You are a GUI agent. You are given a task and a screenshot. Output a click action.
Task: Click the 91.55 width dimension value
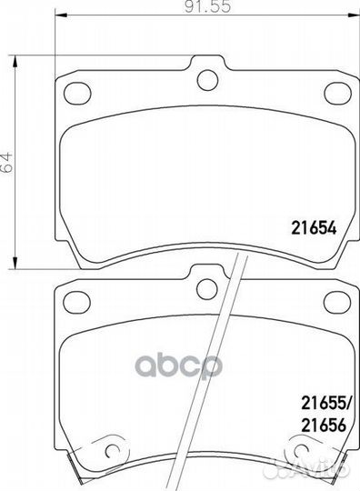(x=207, y=6)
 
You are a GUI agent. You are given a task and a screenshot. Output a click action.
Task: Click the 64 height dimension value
(x=6, y=162)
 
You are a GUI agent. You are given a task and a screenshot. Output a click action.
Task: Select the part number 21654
(x=314, y=227)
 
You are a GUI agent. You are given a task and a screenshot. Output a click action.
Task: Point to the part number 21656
(x=324, y=425)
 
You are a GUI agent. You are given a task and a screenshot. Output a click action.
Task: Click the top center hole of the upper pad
(x=207, y=80)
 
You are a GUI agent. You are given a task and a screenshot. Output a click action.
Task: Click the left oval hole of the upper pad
(x=77, y=93)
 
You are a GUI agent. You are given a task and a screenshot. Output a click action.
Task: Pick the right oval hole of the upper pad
(x=338, y=93)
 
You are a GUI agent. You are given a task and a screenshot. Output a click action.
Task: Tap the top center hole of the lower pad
(x=207, y=289)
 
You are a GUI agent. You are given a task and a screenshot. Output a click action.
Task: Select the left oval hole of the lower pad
(x=77, y=302)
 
